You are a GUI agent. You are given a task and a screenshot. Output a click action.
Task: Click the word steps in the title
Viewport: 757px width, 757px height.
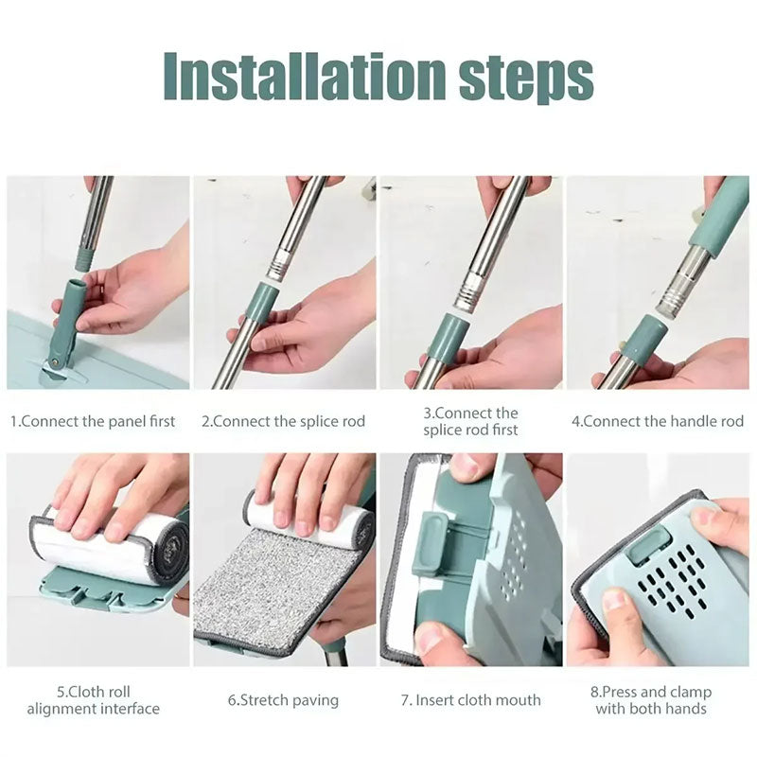tap(525, 78)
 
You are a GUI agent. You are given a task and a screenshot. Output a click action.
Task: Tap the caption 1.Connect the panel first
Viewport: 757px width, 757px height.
tap(93, 421)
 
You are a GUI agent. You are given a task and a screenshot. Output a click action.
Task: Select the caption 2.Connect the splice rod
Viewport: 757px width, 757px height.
tap(283, 421)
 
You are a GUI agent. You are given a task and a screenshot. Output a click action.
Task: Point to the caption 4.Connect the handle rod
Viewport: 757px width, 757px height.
tap(658, 421)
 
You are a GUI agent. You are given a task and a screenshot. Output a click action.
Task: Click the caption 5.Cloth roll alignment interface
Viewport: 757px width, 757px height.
tap(93, 700)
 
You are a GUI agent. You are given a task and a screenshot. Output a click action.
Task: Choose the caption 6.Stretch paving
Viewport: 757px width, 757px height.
tap(283, 701)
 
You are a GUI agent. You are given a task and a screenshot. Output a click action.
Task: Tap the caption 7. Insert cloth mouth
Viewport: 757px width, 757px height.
tap(470, 700)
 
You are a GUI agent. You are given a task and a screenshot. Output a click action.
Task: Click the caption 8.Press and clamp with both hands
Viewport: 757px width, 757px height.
tap(658, 700)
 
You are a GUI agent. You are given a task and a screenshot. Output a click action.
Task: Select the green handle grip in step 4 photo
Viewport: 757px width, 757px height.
tap(717, 218)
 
